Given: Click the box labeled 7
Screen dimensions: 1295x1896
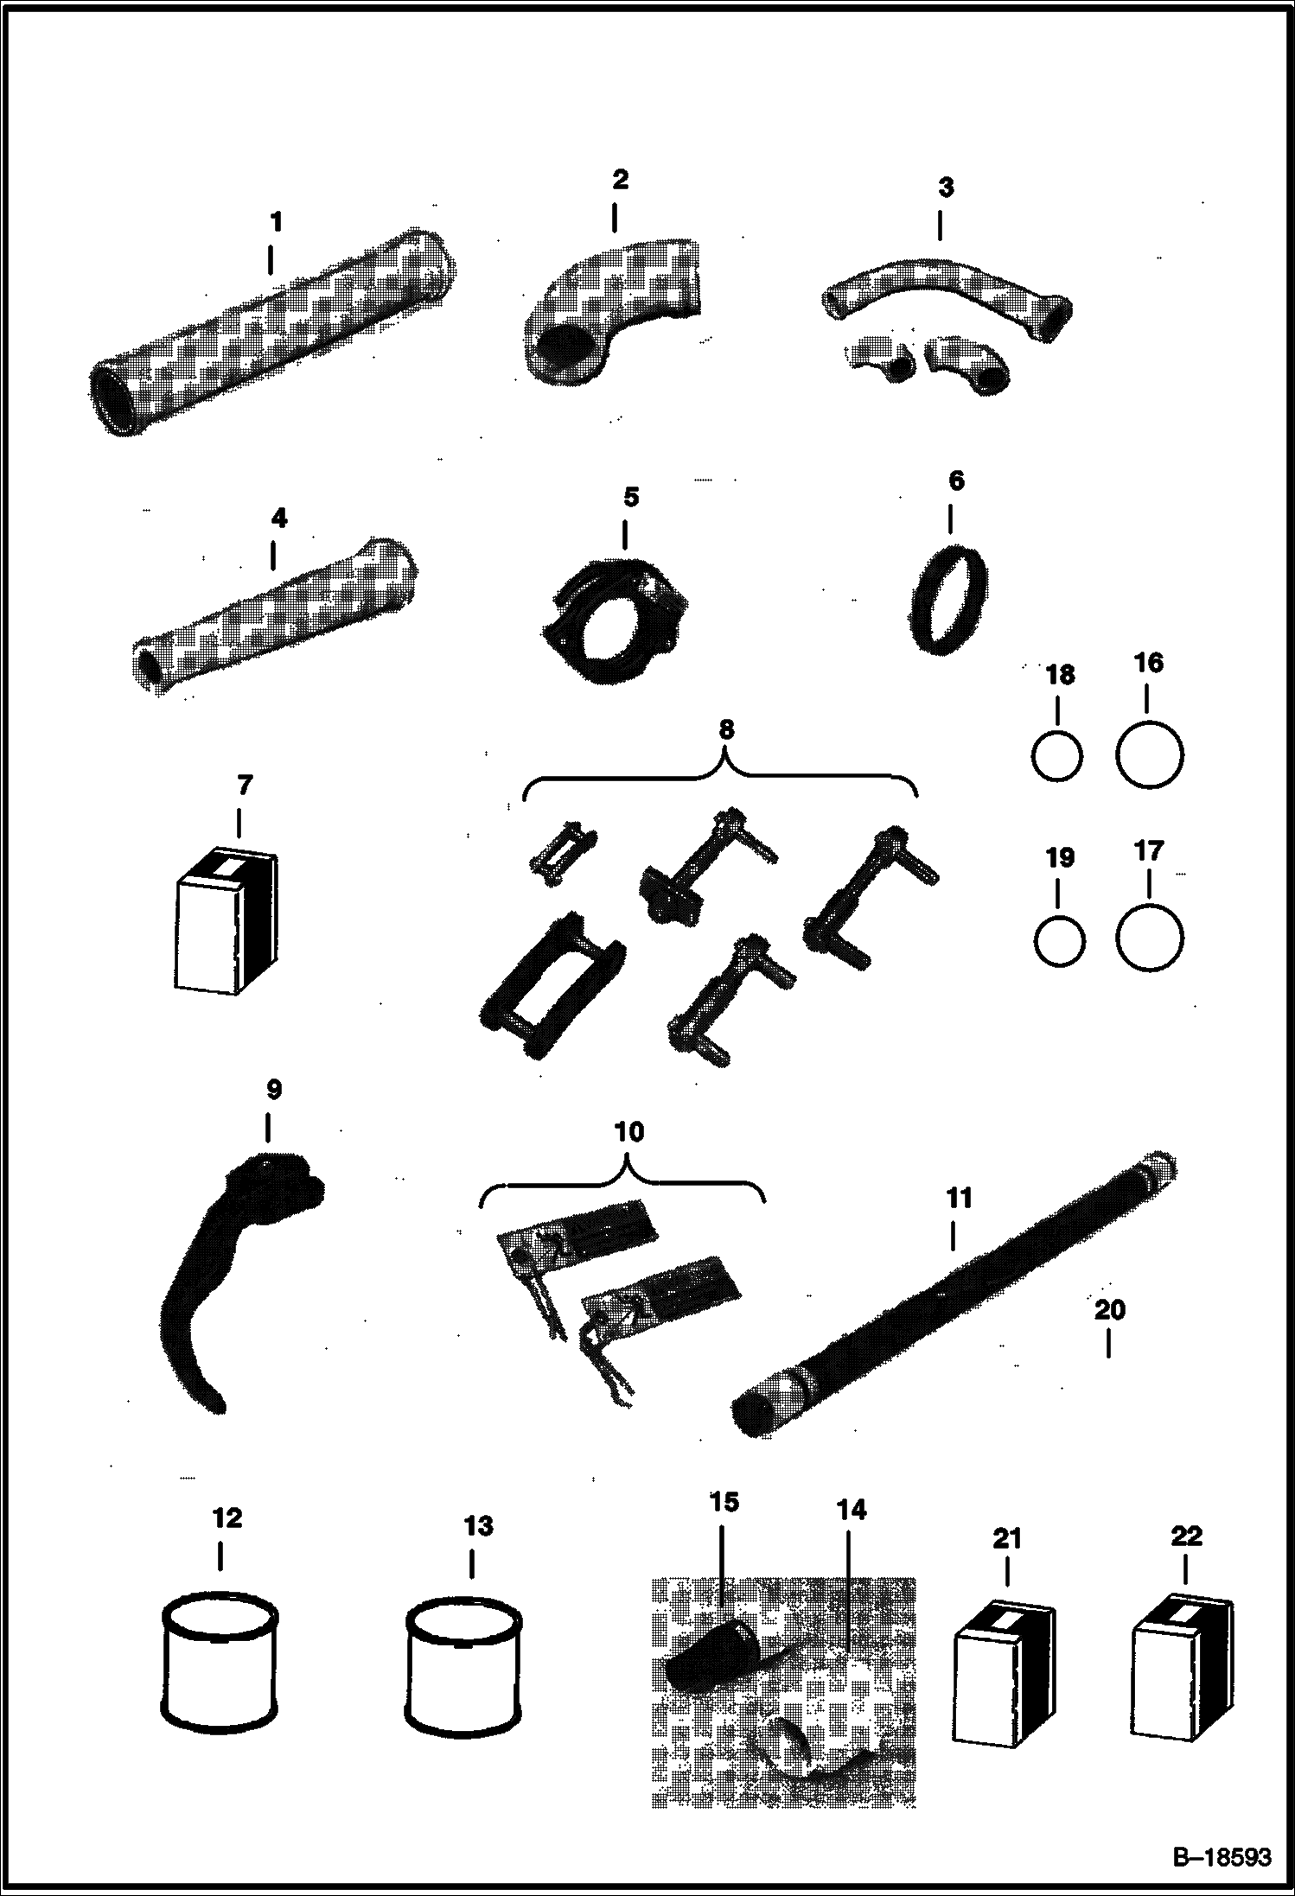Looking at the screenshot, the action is pos(227,919).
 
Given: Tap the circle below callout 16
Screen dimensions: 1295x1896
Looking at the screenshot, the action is pos(1149,754).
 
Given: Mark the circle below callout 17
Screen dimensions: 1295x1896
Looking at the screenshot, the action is pos(1149,938).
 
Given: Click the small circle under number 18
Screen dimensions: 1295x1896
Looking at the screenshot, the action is pos(1056,756).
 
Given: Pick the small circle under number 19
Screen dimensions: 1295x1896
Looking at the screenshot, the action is pos(1059,940).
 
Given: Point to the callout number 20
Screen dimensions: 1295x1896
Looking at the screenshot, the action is pos(1110,1309).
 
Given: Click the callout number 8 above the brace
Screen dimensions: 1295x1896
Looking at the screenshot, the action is pos(726,729).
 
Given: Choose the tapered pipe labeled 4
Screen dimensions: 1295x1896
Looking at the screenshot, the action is pos(275,614).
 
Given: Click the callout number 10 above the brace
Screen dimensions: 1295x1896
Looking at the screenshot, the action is pos(629,1131).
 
